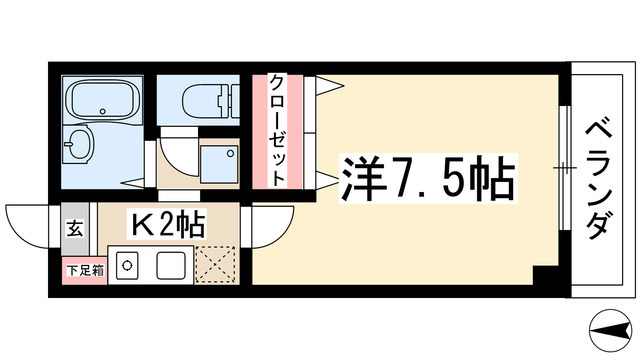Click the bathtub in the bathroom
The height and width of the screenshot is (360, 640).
pyautogui.click(x=101, y=103)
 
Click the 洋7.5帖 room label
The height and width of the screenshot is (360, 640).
pyautogui.click(x=429, y=180)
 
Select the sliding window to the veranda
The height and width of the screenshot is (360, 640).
pyautogui.click(x=563, y=167)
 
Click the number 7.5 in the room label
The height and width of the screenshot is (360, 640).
pyautogui.click(x=429, y=180)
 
